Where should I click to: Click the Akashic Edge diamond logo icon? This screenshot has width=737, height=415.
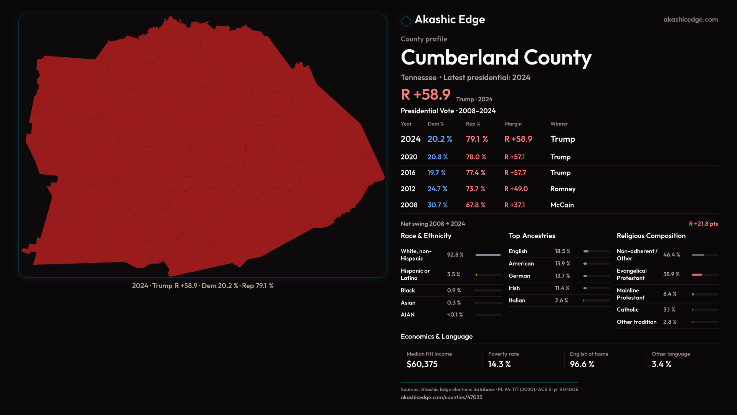(x=406, y=21)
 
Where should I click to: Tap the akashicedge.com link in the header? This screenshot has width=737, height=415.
(x=690, y=20)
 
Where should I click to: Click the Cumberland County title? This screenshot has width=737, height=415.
(x=496, y=58)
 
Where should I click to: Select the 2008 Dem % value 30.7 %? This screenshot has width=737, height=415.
(x=437, y=205)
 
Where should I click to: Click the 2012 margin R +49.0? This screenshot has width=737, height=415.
(x=516, y=189)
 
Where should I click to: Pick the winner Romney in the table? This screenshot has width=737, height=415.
(x=563, y=189)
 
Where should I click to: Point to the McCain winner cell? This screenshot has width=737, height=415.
(x=562, y=205)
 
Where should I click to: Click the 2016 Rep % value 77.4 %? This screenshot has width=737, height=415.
(x=475, y=173)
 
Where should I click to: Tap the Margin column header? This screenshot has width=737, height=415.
(x=513, y=124)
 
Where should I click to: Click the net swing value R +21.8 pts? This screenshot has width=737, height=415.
(x=703, y=224)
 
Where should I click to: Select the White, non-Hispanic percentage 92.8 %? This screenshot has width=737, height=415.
(x=455, y=255)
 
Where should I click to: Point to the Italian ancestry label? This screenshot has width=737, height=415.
(x=517, y=300)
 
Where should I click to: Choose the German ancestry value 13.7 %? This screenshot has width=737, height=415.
(x=562, y=276)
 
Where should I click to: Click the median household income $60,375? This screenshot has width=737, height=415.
(x=422, y=364)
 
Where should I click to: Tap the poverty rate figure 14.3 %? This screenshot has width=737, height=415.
(x=499, y=364)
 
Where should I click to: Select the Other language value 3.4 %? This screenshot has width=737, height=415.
(x=661, y=364)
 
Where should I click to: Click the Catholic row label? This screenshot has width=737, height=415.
(x=627, y=310)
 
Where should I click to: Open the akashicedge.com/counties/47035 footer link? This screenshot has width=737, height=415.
(x=441, y=397)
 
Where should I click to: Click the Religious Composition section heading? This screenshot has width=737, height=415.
(x=651, y=236)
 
